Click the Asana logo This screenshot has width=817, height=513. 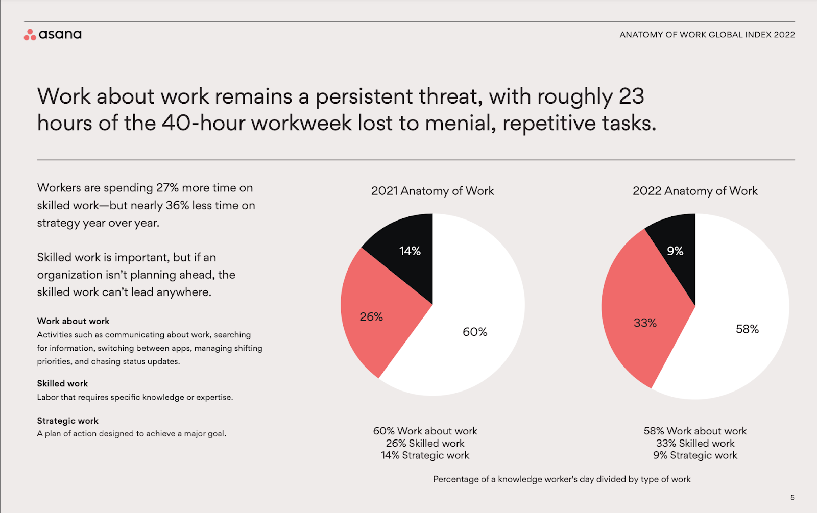click(x=53, y=35)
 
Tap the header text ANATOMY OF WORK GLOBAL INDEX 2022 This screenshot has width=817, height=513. click(x=707, y=35)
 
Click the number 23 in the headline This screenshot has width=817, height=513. click(x=632, y=96)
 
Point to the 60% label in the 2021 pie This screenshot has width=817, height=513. click(x=475, y=332)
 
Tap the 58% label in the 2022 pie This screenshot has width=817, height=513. click(x=747, y=329)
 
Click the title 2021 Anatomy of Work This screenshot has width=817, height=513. click(x=432, y=191)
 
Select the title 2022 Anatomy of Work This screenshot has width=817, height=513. click(x=695, y=191)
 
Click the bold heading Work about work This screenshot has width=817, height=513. click(x=73, y=321)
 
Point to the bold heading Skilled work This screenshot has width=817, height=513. click(x=62, y=383)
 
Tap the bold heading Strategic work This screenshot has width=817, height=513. click(x=67, y=421)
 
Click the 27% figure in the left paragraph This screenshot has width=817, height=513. click(x=167, y=188)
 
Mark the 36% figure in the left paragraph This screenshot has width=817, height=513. click(x=177, y=206)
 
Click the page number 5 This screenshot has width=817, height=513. click(x=792, y=497)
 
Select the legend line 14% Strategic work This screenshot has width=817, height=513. click(x=425, y=455)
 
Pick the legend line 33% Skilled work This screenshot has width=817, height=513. click(x=695, y=443)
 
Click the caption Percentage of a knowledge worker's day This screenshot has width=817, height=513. click(x=562, y=479)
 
